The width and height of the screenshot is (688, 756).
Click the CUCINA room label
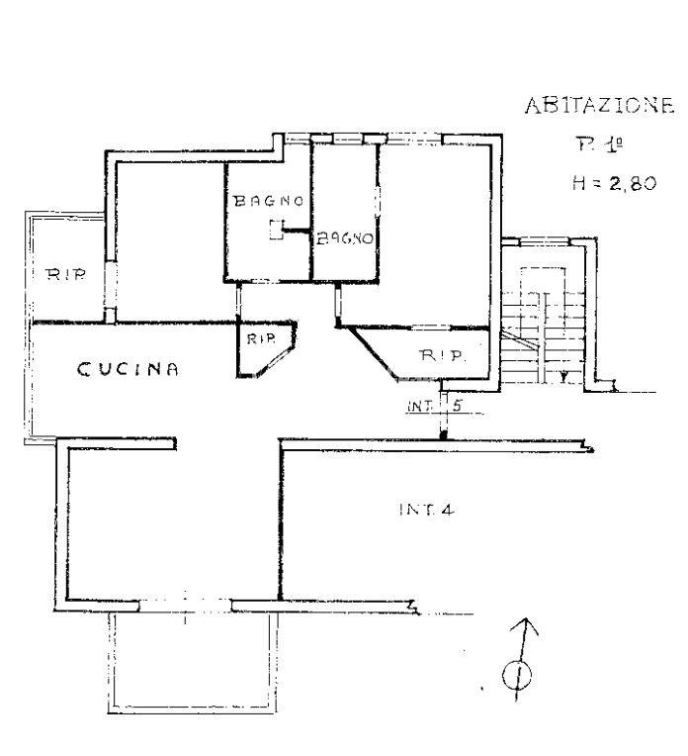point(128,369)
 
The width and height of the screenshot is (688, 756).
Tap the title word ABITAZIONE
point(599,105)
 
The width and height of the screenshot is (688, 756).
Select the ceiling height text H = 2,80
point(614,183)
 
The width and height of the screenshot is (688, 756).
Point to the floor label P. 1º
point(599,144)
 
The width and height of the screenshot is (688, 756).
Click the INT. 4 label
point(426,510)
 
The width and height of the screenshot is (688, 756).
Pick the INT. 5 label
point(435,406)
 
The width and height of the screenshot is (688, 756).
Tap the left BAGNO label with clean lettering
point(268,201)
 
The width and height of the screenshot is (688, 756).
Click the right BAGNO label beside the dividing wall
point(345,238)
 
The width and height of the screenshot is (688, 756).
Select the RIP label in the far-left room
point(65,275)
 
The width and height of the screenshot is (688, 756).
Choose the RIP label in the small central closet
point(261,339)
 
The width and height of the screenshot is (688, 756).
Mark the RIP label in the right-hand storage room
point(443,356)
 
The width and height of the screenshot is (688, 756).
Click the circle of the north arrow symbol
point(517,674)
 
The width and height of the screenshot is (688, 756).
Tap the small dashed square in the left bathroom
point(277,230)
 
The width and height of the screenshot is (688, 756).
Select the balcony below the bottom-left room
point(192,663)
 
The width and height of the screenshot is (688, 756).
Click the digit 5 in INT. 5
point(457,406)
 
